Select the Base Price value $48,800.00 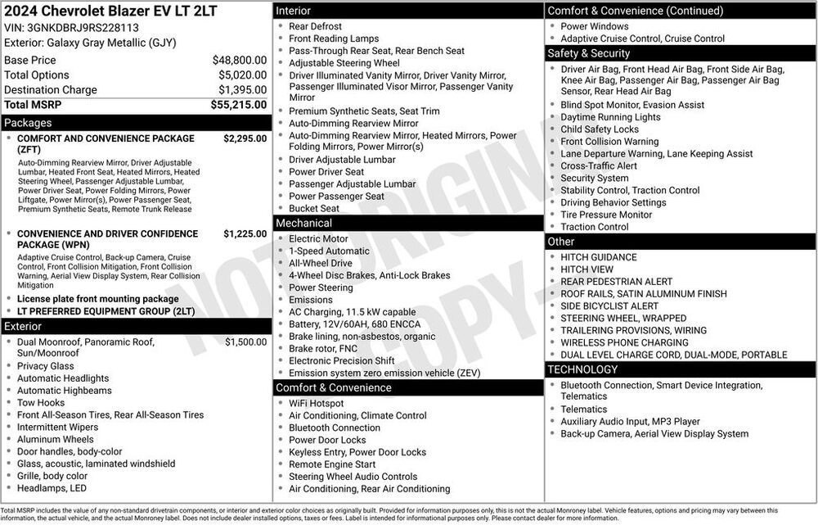239,60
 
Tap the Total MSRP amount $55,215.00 238,105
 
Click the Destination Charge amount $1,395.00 241,90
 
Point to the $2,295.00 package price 245,138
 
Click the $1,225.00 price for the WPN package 245,233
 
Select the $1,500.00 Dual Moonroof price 245,342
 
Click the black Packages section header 135,123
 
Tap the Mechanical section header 407,223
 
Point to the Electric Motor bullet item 318,239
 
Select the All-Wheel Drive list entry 321,264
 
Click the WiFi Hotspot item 316,403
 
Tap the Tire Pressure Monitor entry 606,215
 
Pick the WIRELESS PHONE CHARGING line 624,342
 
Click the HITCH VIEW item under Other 587,269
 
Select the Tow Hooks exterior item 40,403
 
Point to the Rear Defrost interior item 315,26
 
